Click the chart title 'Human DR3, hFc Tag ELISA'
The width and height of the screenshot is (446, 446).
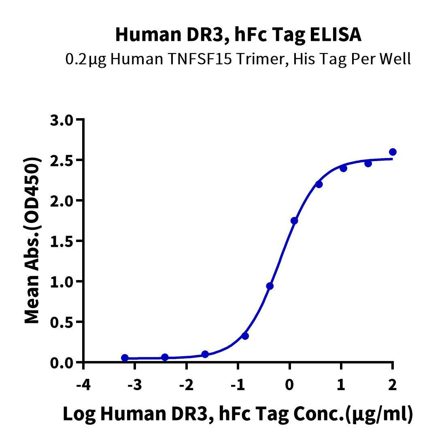coord(238,35)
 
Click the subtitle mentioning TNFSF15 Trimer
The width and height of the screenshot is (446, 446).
coord(238,59)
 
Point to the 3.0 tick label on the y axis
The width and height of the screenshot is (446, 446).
coord(62,120)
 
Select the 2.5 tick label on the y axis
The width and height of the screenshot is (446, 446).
coord(62,160)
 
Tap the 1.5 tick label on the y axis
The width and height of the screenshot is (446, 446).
coord(62,241)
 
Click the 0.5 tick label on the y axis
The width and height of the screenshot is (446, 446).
coord(62,322)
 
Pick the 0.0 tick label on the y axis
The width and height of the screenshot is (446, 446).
coord(62,363)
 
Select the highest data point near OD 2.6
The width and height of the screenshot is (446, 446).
coord(393,152)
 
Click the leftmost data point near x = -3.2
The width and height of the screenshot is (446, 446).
coord(125,358)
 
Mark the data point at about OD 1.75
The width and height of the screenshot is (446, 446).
coord(294,221)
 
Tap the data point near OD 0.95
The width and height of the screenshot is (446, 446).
coord(270,286)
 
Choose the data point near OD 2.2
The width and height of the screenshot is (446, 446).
coord(319,184)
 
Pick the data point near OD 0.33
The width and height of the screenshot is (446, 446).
coord(245,336)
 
